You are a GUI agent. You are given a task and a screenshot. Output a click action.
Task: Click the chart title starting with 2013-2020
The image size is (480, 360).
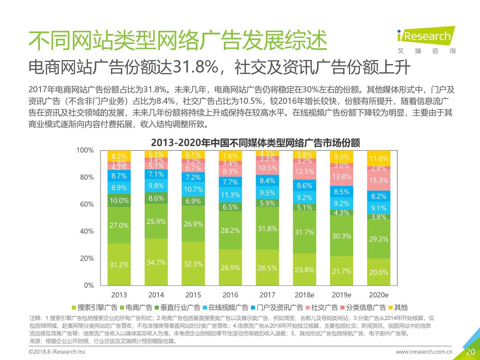[x=255, y=143]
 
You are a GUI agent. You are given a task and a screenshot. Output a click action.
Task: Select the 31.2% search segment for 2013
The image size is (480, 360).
[x=119, y=265]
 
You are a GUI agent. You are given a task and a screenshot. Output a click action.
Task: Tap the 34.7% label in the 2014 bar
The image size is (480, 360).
[x=156, y=262]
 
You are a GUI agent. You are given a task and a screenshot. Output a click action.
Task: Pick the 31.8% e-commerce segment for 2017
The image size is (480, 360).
[x=267, y=229]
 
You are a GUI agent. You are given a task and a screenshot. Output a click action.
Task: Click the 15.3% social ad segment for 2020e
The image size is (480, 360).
[x=378, y=180]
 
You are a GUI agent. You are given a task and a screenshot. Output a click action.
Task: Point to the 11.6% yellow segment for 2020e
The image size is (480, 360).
[x=378, y=159]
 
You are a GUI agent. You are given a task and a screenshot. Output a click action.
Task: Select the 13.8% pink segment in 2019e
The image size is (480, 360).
[x=341, y=177]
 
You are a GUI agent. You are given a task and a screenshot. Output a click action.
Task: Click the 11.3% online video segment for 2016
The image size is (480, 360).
[x=230, y=195]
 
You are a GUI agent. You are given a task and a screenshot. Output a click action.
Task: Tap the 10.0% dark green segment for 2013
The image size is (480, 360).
[x=119, y=201]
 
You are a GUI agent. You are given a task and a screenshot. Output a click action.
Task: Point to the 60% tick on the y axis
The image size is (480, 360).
[x=87, y=204]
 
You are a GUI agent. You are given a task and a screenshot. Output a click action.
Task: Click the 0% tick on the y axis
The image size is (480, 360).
[x=89, y=285]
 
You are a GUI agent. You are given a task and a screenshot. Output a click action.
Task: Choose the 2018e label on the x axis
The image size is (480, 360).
[x=304, y=295]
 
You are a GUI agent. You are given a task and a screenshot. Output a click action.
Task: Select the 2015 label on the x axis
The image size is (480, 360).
[x=193, y=295]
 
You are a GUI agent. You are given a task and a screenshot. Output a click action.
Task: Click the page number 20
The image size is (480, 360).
[x=470, y=352]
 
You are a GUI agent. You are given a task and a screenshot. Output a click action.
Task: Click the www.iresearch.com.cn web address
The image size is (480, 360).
[x=424, y=352]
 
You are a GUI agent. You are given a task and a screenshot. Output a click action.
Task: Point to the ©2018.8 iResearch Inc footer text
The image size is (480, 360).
[x=57, y=352]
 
